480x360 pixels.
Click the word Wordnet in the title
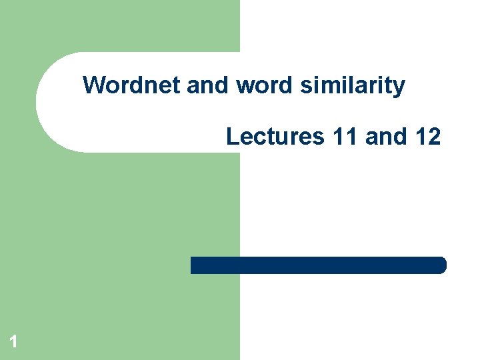click(x=132, y=85)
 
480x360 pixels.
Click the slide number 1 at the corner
click(x=13, y=343)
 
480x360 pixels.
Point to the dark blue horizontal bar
click(x=318, y=265)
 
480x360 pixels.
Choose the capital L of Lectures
click(x=232, y=136)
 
